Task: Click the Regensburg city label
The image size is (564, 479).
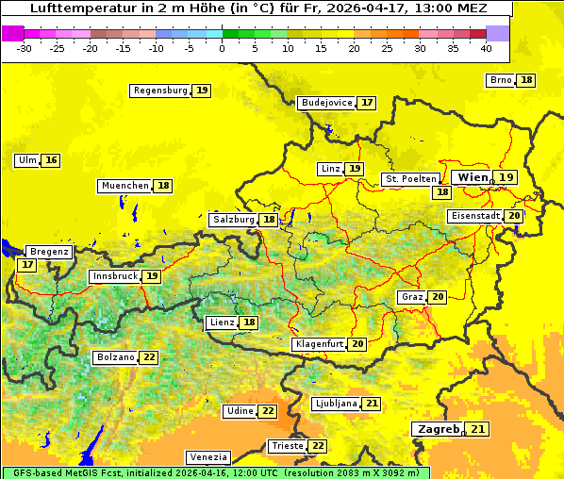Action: (x=160, y=91)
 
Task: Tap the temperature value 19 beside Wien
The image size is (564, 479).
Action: (x=506, y=177)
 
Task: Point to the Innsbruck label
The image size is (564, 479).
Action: (x=114, y=276)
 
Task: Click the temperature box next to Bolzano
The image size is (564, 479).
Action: (x=149, y=357)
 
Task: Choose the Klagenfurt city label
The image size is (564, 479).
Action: (x=318, y=344)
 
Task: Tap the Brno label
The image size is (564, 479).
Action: (x=501, y=80)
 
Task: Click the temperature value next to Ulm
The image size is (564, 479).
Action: (x=51, y=160)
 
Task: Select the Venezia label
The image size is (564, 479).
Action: (x=207, y=456)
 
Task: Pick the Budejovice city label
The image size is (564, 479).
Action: (x=326, y=103)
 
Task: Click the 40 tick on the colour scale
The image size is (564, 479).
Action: (x=486, y=48)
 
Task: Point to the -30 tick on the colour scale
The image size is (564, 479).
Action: (x=25, y=48)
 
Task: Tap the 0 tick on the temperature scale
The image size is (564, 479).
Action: (x=222, y=48)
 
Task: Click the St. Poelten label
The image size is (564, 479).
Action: (x=410, y=178)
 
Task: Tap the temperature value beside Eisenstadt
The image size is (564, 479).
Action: (x=514, y=216)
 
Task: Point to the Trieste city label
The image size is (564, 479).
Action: (x=286, y=446)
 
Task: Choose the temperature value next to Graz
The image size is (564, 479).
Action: (x=438, y=297)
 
